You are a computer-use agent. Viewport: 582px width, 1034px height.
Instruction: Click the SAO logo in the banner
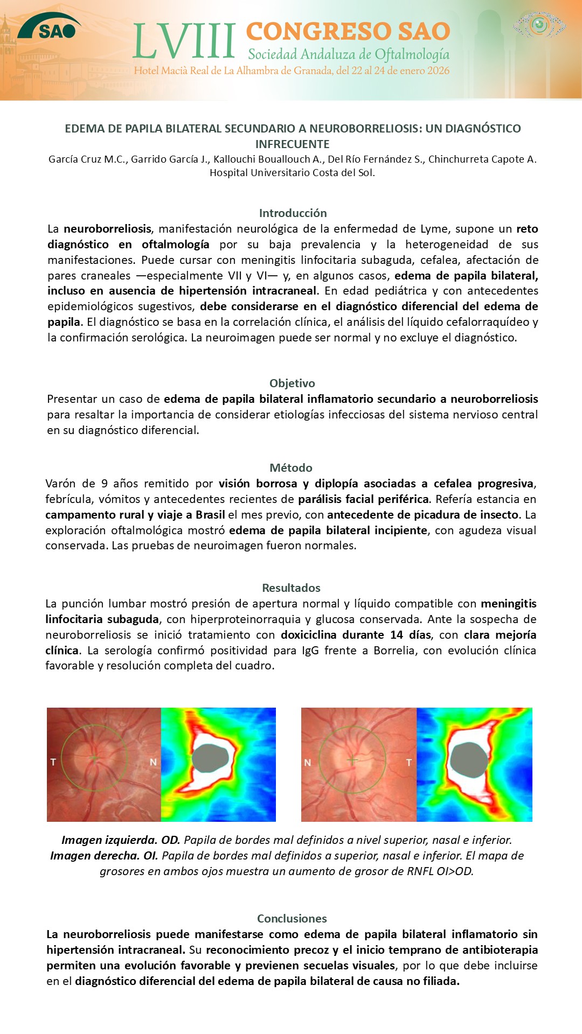pos(50,28)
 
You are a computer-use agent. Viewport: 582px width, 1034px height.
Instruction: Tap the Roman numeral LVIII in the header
pos(184,41)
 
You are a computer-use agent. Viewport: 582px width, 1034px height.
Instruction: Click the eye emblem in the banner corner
pos(539,24)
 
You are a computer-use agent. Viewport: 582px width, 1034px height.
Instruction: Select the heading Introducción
pos(293,213)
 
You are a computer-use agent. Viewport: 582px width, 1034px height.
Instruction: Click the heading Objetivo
pos(292,383)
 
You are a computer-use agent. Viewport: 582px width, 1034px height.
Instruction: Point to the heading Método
pos(291,467)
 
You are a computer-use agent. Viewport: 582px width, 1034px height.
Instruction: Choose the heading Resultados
pos(291,588)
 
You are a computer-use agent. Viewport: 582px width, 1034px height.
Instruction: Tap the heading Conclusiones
pos(292,918)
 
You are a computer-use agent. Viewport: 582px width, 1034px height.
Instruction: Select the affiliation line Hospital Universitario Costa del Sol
pos(292,172)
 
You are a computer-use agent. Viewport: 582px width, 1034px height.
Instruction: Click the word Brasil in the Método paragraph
pos(210,514)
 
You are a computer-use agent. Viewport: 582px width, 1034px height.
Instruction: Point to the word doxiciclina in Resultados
pos(309,634)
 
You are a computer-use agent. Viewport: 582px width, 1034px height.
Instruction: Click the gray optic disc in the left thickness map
pos(212,758)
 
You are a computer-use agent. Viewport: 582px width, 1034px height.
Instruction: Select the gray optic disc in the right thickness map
pos(469,759)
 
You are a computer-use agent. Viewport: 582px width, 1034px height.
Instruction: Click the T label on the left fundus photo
pos(53,762)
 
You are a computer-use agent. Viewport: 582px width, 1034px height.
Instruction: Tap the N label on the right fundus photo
pos(308,763)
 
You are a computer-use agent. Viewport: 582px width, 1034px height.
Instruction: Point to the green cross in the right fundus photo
pos(352,760)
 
